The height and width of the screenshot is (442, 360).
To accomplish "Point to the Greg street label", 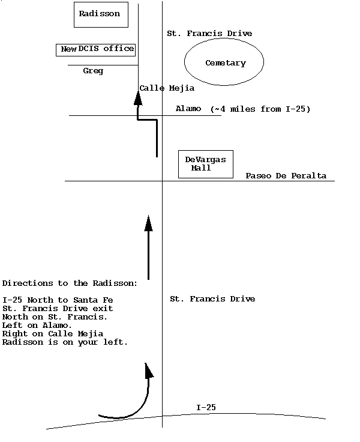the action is pyautogui.click(x=93, y=71).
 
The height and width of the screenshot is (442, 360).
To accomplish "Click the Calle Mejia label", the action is pyautogui.click(x=167, y=88).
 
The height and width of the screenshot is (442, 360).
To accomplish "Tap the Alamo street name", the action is pyautogui.click(x=188, y=109).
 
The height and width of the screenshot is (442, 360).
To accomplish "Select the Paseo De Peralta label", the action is pyautogui.click(x=286, y=175).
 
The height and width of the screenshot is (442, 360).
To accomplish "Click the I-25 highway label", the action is pyautogui.click(x=206, y=407).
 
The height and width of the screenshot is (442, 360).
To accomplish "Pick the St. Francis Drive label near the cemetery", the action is pyautogui.click(x=209, y=33).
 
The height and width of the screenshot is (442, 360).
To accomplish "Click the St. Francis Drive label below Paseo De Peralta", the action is pyautogui.click(x=212, y=299).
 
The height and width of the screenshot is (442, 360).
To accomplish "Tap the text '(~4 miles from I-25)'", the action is pyautogui.click(x=260, y=109).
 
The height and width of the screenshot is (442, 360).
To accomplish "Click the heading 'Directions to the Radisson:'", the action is pyautogui.click(x=70, y=283).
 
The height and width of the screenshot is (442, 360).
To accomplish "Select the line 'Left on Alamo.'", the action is pyautogui.click(x=37, y=325).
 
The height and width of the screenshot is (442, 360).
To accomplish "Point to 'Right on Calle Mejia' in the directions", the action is pyautogui.click(x=53, y=334).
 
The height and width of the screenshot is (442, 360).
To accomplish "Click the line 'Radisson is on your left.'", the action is pyautogui.click(x=65, y=342).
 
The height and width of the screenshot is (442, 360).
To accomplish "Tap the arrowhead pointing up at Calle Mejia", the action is pyautogui.click(x=138, y=98).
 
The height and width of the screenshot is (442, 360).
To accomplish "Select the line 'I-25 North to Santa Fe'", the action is pyautogui.click(x=58, y=300).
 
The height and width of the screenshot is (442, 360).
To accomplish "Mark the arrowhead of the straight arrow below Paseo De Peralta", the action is pyautogui.click(x=148, y=223).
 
